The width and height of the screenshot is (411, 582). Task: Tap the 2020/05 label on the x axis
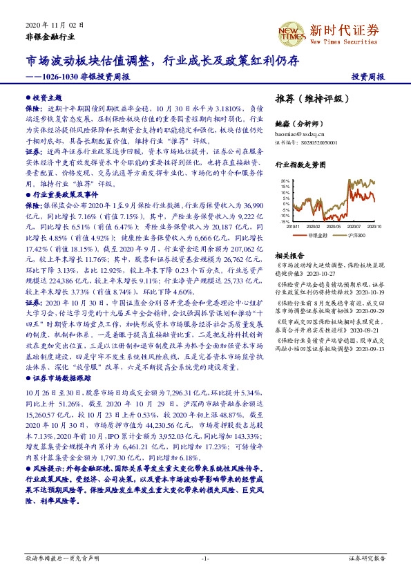(335, 226)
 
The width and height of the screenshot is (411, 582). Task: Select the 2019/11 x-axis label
(293, 226)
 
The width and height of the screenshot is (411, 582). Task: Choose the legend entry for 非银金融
(318, 236)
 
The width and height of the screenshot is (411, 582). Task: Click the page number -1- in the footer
(205, 558)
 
